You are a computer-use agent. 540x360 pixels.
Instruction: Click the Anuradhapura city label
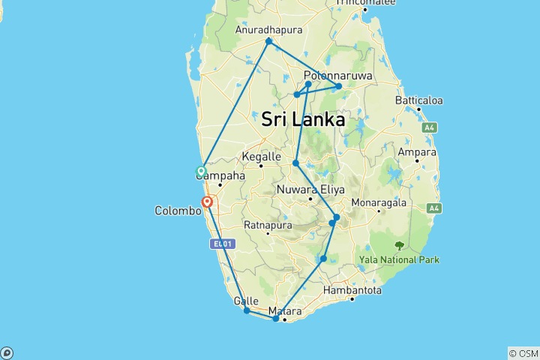tap(268, 30)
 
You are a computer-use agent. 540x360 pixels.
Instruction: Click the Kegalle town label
tap(261, 157)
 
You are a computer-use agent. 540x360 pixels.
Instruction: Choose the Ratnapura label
tap(267, 224)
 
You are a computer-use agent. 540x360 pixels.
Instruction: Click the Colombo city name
tap(178, 211)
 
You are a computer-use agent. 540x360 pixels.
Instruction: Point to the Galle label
tap(246, 301)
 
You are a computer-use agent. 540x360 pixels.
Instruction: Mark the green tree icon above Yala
tap(399, 245)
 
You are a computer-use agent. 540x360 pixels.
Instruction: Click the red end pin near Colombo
tap(207, 202)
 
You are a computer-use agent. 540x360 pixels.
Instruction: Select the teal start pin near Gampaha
tap(201, 171)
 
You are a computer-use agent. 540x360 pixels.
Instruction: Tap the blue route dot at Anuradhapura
tap(268, 41)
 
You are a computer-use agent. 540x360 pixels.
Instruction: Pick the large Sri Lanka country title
tap(304, 119)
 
